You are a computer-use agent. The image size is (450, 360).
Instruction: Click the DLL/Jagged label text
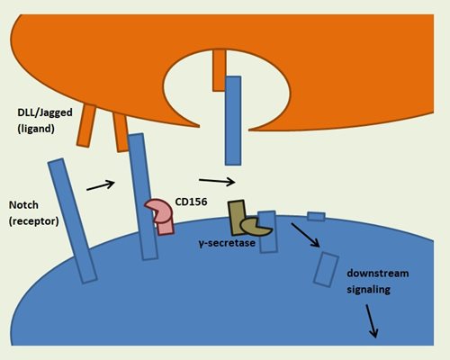coord(45,112)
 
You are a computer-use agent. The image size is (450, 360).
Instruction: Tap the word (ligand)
coord(36,129)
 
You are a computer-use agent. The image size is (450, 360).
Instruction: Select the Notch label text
coord(23,205)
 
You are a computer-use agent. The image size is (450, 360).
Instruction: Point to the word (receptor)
coord(33,221)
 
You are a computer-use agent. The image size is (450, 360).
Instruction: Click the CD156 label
coord(191,202)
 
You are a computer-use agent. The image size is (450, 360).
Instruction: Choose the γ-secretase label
coord(227,243)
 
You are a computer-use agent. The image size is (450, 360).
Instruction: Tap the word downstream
coord(378,274)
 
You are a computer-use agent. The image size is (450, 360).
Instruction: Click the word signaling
coord(368,290)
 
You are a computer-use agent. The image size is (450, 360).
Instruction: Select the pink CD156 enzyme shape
coord(160,217)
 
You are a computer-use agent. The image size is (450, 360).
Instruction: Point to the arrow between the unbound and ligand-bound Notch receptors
coord(101,185)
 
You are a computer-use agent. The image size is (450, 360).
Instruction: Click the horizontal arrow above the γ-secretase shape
coord(217,181)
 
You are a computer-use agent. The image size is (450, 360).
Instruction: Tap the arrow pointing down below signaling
coord(372,321)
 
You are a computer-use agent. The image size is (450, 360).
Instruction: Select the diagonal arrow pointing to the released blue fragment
coord(305,235)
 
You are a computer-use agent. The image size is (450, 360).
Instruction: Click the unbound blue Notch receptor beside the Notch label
coord(72,220)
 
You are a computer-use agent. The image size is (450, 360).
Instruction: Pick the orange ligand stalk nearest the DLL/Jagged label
coord(86,125)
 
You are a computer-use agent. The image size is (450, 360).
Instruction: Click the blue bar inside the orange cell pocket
coord(233,121)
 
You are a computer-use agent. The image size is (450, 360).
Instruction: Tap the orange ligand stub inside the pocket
coord(219,70)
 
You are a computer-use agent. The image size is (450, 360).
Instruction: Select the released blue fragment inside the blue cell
coord(326,270)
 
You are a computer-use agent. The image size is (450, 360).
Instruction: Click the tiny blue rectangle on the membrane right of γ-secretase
coord(316,216)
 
